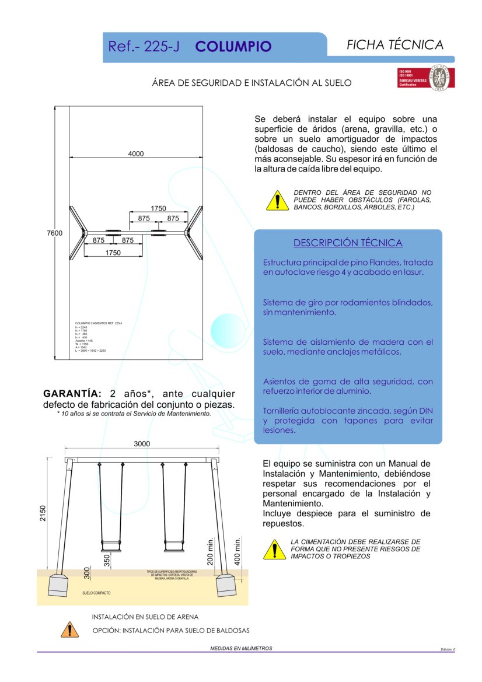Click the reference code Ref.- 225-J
tap(144, 47)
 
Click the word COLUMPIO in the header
tap(233, 47)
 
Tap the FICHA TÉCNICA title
tap(395, 45)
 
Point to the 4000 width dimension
tap(136, 154)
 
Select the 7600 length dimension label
tap(54, 233)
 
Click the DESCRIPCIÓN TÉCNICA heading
tap(348, 243)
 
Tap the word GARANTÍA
tap(73, 394)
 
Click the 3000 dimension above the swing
tap(142, 444)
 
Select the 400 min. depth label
tap(237, 551)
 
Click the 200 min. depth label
tap(211, 551)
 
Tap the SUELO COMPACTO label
tap(96, 593)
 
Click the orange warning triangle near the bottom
tap(69, 629)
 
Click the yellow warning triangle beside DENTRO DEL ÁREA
tap(277, 200)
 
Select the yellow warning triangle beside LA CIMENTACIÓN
tap(274, 549)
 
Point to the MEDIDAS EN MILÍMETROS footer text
tap(241, 648)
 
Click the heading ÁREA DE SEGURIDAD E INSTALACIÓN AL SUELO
tap(252, 83)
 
